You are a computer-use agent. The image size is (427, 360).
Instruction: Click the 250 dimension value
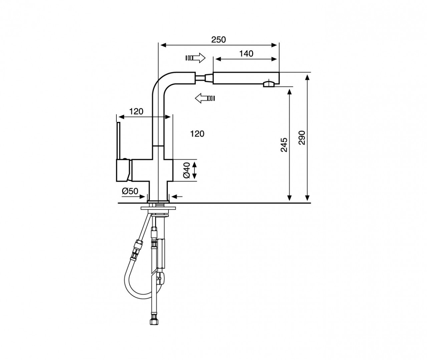pyautogui.click(x=219, y=40)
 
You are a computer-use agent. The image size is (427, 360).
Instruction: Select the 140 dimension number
pyautogui.click(x=246, y=54)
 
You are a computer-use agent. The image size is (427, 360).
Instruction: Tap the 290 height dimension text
pyautogui.click(x=302, y=138)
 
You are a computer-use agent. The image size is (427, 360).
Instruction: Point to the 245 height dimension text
pyautogui.click(x=284, y=145)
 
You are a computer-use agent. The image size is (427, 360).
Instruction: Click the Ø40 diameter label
pyautogui.click(x=187, y=170)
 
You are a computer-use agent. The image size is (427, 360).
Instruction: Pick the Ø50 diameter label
pyautogui.click(x=130, y=191)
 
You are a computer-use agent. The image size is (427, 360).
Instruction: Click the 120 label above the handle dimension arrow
pyautogui.click(x=136, y=112)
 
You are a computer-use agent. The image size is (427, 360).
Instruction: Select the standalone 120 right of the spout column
pyautogui.click(x=197, y=134)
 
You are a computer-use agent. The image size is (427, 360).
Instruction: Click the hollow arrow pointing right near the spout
pyautogui.click(x=195, y=58)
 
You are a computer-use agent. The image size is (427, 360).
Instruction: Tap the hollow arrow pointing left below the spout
pyautogui.click(x=205, y=98)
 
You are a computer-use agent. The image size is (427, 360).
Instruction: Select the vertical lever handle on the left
pyautogui.click(x=118, y=141)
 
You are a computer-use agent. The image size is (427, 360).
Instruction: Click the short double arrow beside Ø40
pyautogui.click(x=194, y=170)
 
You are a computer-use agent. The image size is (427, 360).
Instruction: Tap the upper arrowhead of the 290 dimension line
pyautogui.click(x=307, y=77)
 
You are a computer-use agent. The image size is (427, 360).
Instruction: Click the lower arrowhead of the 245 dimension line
pyautogui.click(x=289, y=198)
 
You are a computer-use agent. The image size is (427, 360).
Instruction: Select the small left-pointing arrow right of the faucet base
pyautogui.click(x=177, y=197)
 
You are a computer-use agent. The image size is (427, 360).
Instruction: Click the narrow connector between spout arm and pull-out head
pyautogui.click(x=204, y=78)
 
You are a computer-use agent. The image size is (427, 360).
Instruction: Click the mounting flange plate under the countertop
pyautogui.click(x=158, y=208)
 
